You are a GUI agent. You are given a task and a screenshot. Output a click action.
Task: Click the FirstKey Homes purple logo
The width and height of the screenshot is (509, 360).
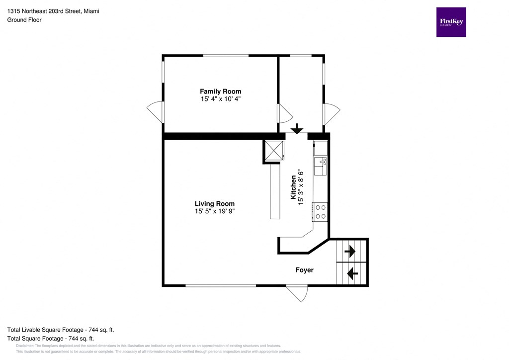point(451,22)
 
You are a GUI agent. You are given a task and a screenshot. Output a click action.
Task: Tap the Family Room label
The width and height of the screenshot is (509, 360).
point(220,91)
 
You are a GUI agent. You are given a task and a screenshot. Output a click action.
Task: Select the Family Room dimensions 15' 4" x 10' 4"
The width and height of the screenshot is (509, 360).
point(220,99)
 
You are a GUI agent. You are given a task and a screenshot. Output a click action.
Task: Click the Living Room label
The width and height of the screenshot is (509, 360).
point(214,204)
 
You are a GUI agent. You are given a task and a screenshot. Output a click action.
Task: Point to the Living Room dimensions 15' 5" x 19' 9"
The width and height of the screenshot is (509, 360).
point(214,211)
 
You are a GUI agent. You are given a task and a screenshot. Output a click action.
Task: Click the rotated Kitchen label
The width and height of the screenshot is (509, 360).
point(293,187)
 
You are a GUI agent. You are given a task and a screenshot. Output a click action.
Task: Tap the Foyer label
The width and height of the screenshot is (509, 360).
point(304,270)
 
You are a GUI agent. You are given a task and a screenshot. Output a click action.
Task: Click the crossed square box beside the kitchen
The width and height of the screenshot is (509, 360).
point(274,151)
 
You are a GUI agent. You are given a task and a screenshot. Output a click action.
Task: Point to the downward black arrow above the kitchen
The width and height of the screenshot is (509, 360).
point(297,129)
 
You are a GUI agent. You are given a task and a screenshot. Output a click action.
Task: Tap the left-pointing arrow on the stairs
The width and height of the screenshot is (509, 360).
point(352,273)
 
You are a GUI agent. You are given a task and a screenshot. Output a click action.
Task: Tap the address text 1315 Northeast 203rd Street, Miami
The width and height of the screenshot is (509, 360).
point(53,11)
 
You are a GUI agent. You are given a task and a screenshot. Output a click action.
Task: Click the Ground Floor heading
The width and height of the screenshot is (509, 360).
point(24,20)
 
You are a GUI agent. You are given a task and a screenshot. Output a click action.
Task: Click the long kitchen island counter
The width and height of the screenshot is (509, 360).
point(275,192)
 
